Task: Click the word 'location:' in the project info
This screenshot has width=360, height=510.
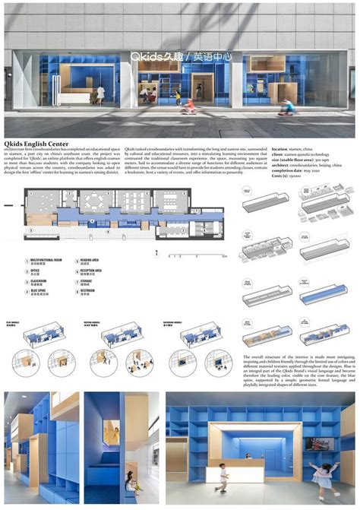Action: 279,149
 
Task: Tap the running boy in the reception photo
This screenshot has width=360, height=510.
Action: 223,477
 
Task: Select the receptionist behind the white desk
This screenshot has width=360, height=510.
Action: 247,455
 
